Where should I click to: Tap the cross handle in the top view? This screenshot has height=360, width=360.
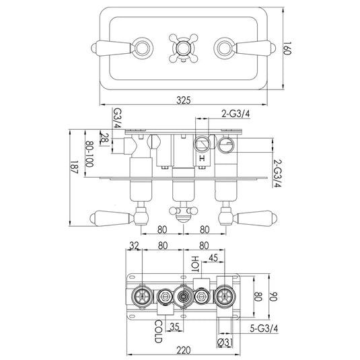click(182, 48)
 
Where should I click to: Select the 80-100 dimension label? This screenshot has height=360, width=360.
click(89, 155)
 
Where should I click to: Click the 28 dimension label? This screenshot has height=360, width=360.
click(104, 138)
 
